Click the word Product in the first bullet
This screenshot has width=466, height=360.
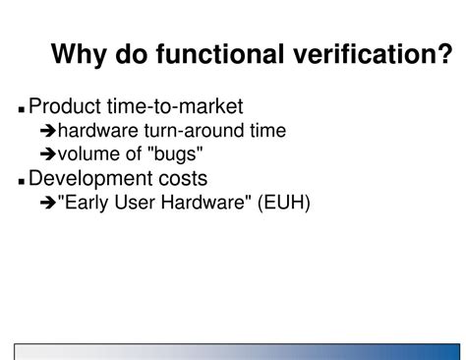point(66,106)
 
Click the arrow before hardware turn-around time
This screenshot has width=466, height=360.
point(47,131)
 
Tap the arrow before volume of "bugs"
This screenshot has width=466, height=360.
point(47,154)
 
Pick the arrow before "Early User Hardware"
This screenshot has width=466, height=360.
point(47,203)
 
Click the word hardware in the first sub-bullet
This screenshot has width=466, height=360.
point(95,130)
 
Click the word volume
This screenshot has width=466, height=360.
point(87,153)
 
